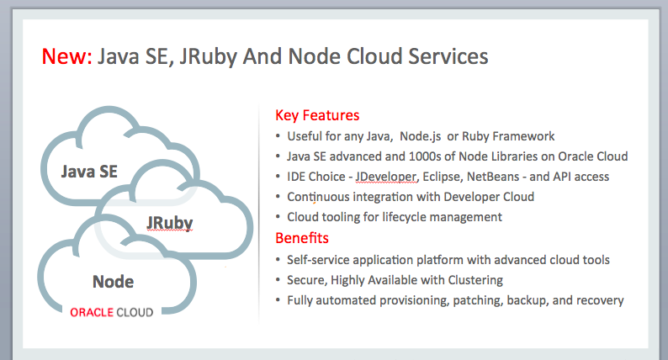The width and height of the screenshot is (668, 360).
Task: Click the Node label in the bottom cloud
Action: coord(113,280)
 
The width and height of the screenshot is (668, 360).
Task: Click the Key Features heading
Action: coord(317,115)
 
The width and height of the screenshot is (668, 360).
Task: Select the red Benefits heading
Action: coord(302,238)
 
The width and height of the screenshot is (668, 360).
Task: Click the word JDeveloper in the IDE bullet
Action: coord(384,177)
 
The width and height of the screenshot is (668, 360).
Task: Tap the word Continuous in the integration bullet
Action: coord(319,197)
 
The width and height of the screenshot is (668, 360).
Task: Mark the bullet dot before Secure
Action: coord(278,279)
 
